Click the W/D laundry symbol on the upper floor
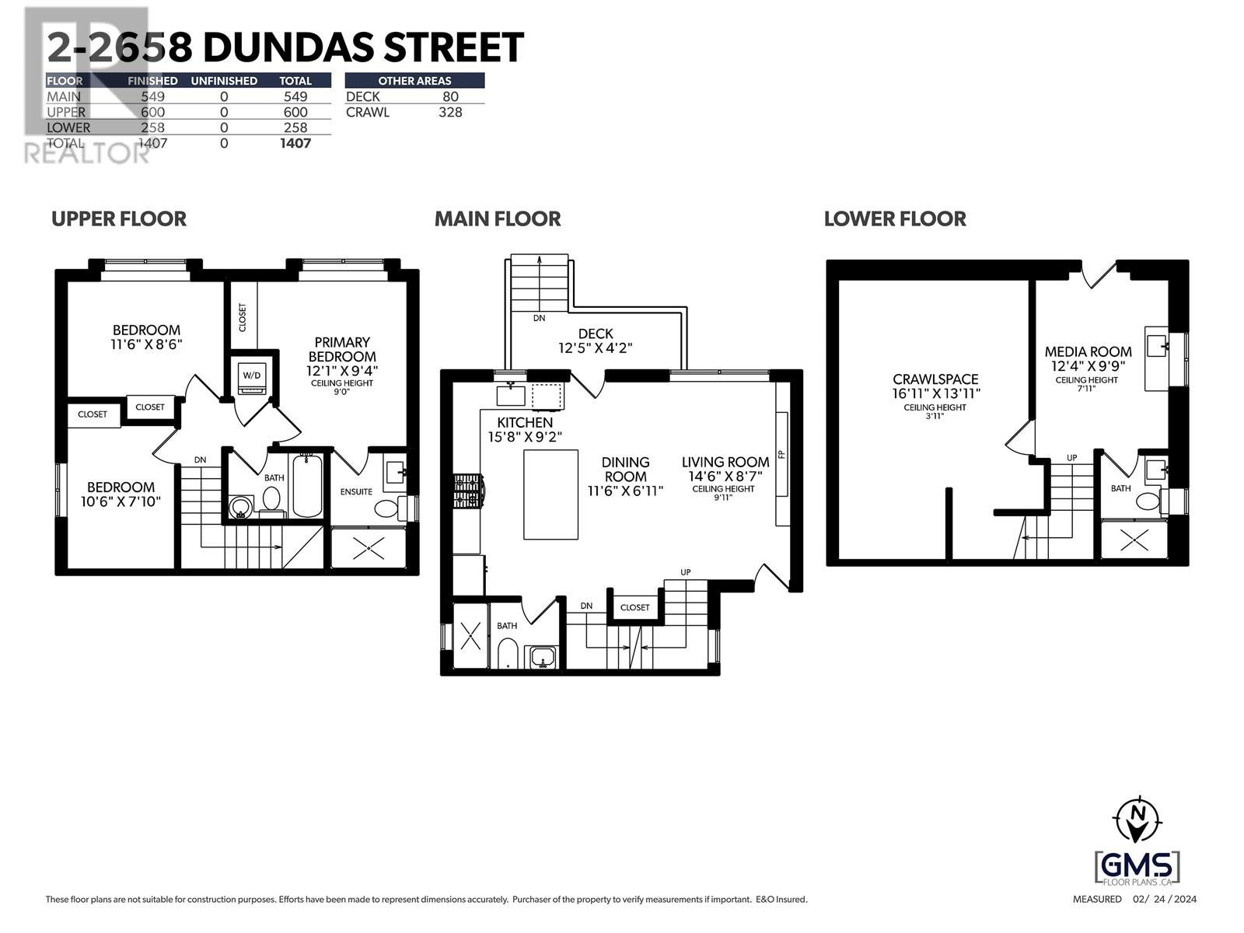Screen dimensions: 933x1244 click(252, 376)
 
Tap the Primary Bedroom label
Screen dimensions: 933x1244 click(342, 349)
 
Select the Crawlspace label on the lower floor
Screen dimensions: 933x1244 click(935, 379)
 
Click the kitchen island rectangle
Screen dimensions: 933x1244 click(550, 494)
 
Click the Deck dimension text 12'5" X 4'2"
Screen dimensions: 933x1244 click(596, 348)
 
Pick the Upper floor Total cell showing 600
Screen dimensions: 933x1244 click(295, 112)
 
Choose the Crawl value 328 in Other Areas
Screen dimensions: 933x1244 click(450, 112)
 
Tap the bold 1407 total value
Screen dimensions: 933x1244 click(295, 143)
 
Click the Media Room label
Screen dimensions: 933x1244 click(1088, 351)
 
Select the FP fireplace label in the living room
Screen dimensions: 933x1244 click(781, 451)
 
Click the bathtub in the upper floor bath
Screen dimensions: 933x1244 click(307, 487)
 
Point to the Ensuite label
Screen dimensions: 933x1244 click(356, 491)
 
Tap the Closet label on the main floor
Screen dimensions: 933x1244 click(634, 607)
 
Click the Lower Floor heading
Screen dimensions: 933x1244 click(895, 219)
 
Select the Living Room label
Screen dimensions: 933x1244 click(725, 462)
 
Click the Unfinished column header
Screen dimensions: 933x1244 click(224, 81)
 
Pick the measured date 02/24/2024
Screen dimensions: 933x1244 click(1165, 900)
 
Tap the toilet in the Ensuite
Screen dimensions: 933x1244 click(387, 508)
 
